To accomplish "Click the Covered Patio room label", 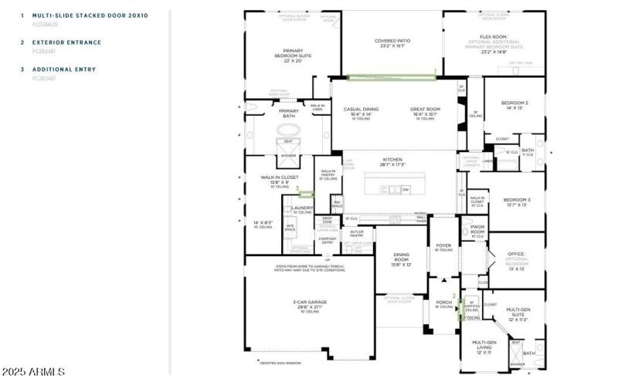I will (392, 41).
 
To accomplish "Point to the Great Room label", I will (425, 110).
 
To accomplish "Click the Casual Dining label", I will (362, 110).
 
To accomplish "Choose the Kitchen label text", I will (392, 160).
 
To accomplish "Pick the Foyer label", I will (444, 245).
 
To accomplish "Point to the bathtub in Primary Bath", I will (287, 148).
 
